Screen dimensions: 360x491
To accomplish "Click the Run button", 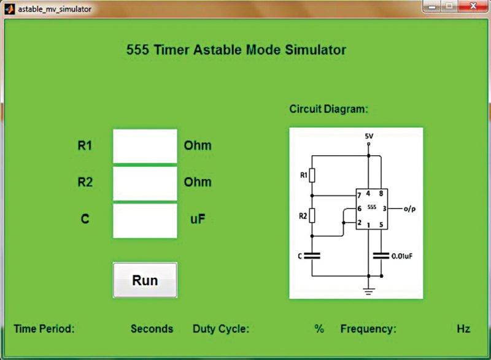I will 145,280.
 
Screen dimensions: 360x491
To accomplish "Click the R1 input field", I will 145,146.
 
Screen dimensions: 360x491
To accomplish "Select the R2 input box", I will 145,183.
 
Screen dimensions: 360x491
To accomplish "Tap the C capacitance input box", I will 145,220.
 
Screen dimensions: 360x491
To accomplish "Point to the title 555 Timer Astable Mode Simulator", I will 236,50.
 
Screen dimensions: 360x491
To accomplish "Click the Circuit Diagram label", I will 328,109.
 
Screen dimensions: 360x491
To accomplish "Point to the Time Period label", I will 44,329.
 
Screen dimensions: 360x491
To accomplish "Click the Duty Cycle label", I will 221,329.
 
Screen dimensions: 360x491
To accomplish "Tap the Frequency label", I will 368,329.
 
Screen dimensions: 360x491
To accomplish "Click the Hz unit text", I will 463,329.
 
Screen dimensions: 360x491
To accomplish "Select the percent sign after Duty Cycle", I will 319,329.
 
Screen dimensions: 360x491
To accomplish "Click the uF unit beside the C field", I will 198,219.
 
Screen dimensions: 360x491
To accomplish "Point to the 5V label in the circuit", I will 368,136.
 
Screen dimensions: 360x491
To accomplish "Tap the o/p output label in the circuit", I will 411,209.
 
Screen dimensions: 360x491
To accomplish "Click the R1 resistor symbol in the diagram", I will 312,176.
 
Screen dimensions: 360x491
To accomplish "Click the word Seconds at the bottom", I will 152,329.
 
